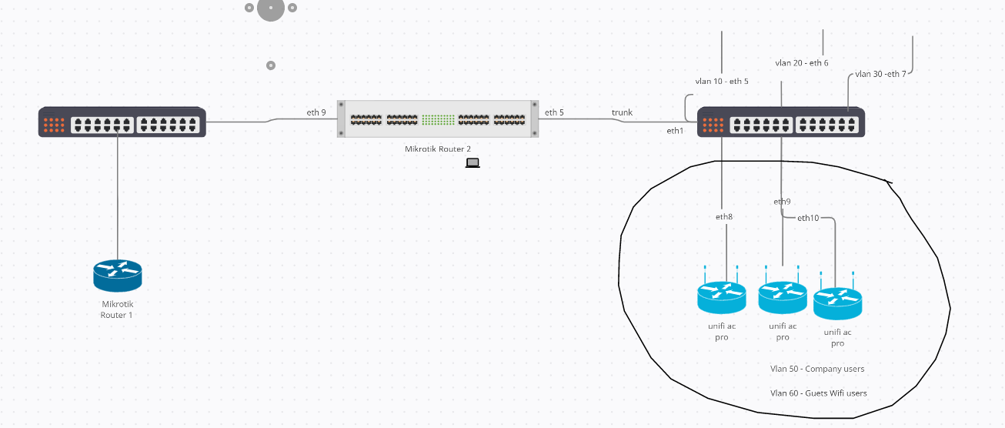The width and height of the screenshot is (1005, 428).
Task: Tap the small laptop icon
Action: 472,162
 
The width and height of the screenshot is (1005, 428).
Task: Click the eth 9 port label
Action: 316,113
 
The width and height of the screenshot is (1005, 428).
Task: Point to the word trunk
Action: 622,113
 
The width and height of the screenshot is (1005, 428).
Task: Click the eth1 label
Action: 675,131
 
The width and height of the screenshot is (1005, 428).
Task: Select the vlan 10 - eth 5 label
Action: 722,81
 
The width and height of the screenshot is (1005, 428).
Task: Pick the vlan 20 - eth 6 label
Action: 802,63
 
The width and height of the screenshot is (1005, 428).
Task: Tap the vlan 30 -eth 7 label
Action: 880,75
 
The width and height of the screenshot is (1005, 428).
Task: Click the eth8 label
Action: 724,217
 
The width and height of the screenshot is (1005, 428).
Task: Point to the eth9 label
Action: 782,202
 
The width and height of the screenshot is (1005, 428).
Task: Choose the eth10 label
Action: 808,218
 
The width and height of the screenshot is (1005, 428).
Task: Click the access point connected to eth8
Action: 722,296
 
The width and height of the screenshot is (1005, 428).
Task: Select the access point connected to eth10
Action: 837,303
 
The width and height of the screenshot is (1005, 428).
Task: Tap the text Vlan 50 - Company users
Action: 817,369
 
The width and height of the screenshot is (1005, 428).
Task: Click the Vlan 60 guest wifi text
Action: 819,393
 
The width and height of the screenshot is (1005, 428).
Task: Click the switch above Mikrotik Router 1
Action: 122,122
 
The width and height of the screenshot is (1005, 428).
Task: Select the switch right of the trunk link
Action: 780,122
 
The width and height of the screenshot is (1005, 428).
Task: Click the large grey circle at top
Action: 271,8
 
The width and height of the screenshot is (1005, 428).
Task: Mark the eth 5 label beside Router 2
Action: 554,113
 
